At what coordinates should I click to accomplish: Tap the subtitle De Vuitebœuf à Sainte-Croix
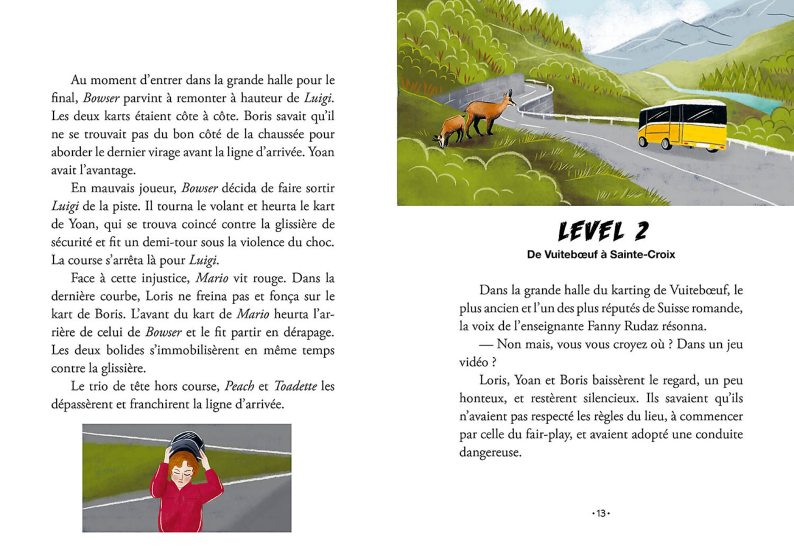(601, 255)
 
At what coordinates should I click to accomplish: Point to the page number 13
(601, 513)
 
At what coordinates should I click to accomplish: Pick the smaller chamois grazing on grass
(452, 130)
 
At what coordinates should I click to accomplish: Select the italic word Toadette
(295, 386)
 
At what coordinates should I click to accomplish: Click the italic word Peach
(239, 386)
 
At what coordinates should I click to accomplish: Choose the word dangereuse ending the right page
(490, 452)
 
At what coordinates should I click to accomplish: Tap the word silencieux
(610, 398)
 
